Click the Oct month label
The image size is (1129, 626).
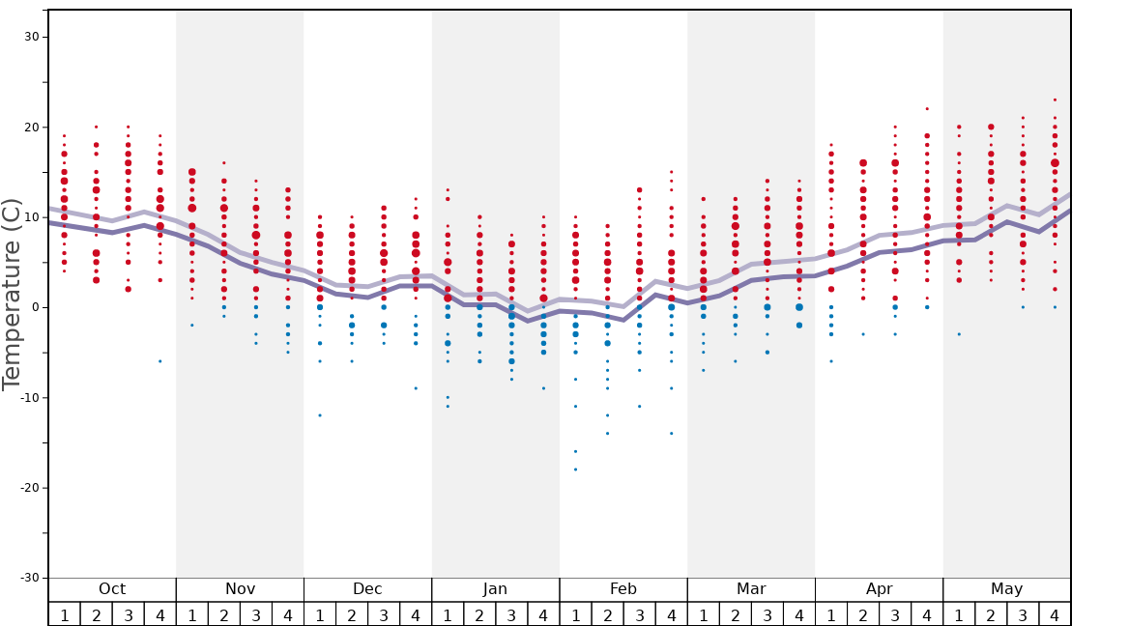point(112,589)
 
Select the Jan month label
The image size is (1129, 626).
point(495,589)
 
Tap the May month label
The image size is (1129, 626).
point(1006,589)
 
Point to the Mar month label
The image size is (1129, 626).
point(751,589)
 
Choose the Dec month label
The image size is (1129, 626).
point(367,589)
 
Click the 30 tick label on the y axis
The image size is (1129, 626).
point(30,37)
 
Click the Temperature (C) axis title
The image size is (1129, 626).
point(12,294)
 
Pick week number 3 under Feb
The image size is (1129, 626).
point(639,614)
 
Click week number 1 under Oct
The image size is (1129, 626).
point(64,614)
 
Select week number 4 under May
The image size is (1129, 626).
point(1055,614)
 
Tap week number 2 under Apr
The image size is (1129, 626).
point(863,614)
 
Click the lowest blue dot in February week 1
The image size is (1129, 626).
point(575,469)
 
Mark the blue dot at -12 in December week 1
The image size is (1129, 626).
point(320,415)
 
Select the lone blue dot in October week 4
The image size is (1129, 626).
point(160,361)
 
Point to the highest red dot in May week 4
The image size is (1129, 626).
point(1055,100)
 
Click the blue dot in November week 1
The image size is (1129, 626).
point(192,326)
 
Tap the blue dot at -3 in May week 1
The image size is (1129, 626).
point(959,334)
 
